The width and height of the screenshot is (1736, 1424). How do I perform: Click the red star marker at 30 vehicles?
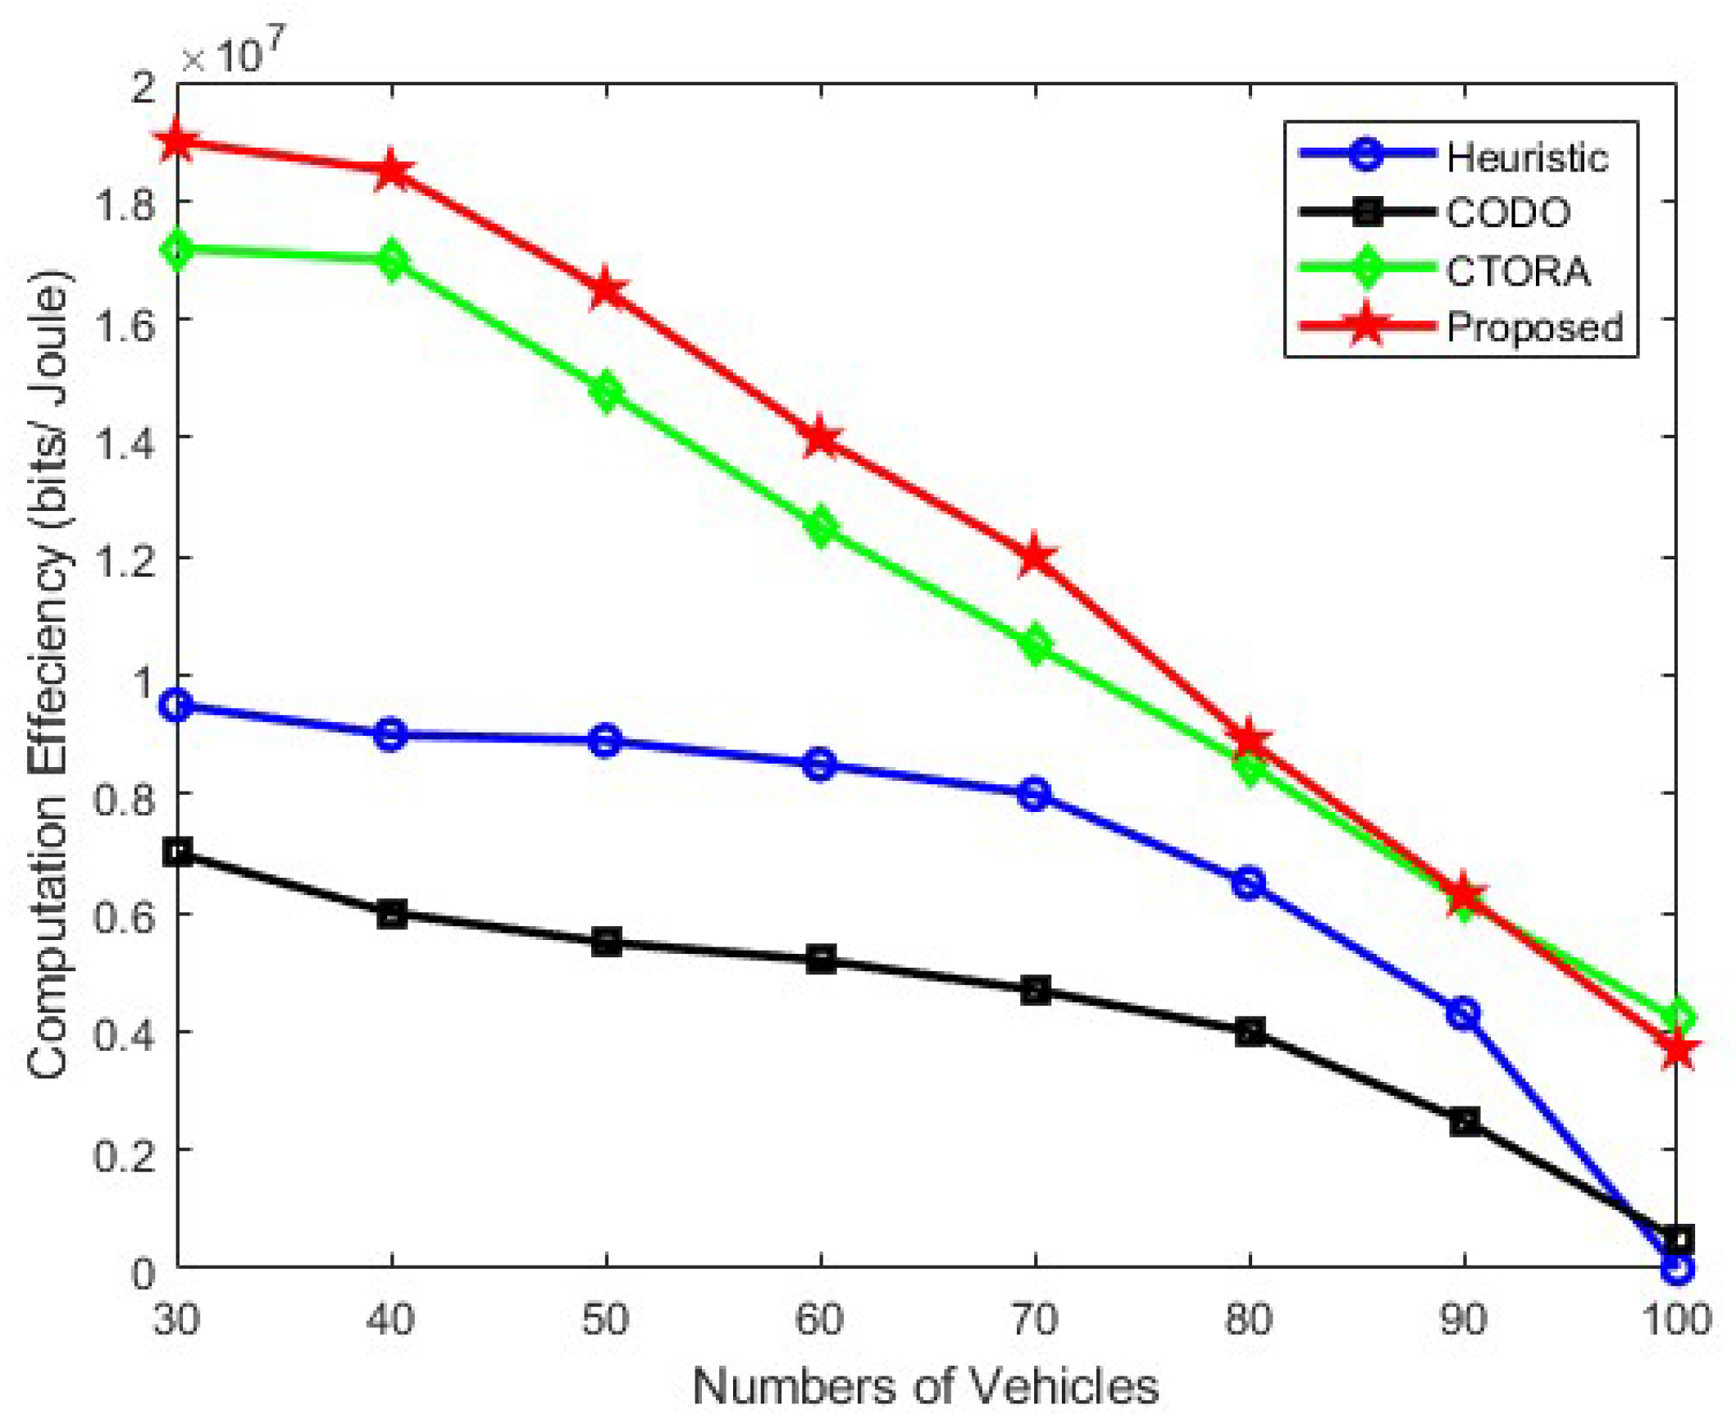[178, 143]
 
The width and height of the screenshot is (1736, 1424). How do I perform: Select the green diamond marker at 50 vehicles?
[606, 392]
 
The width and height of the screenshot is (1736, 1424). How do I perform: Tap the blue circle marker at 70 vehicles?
[1035, 794]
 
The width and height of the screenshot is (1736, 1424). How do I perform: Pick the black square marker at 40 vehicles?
[392, 913]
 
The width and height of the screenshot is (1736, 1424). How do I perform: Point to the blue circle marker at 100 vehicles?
[1677, 1268]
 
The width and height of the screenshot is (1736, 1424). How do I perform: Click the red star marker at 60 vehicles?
[821, 439]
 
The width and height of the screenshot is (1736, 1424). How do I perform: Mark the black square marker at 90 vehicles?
[1464, 1120]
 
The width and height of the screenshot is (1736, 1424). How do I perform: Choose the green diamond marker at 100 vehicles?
[1677, 1018]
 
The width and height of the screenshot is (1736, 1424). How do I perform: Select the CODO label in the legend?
[1507, 213]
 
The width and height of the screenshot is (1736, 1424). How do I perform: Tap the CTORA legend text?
[1517, 272]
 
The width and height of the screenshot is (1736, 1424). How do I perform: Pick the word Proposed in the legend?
[1533, 327]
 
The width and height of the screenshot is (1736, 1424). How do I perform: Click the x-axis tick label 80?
[1249, 1320]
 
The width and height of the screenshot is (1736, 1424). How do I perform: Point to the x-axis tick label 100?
[1677, 1320]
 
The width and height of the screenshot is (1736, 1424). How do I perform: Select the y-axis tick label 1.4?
[125, 440]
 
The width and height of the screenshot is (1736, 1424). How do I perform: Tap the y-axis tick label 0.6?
[125, 915]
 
